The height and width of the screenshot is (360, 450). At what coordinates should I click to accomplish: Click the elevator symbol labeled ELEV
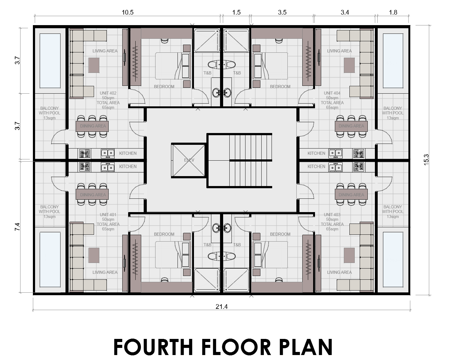[x=188, y=160]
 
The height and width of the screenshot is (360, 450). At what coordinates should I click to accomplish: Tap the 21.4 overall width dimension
[x=222, y=307]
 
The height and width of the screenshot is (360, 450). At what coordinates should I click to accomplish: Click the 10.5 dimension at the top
[x=128, y=12]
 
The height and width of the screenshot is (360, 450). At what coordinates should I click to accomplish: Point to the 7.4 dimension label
[x=17, y=227]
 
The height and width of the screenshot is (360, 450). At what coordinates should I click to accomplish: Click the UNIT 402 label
[x=108, y=93]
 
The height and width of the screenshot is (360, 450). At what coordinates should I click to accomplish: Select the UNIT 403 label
[x=332, y=215]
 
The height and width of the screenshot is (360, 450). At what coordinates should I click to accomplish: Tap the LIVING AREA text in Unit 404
[x=339, y=51]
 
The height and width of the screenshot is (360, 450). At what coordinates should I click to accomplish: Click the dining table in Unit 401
[x=92, y=195]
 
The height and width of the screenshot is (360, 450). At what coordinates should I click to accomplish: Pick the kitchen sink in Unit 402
[x=108, y=153]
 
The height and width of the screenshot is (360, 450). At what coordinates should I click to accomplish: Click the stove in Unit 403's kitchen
[x=358, y=167]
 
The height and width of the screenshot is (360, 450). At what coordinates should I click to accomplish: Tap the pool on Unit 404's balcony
[x=393, y=61]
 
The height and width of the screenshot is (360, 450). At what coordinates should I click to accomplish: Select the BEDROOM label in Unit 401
[x=164, y=234]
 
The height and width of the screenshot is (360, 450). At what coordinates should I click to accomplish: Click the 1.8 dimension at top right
[x=393, y=12]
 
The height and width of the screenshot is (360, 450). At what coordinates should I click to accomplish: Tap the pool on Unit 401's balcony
[x=50, y=260]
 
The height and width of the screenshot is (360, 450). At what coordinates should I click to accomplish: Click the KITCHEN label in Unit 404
[x=316, y=153]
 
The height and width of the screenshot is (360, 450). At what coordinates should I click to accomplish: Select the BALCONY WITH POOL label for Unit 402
[x=49, y=113]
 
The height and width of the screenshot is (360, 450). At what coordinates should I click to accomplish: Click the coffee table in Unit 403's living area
[x=349, y=255]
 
